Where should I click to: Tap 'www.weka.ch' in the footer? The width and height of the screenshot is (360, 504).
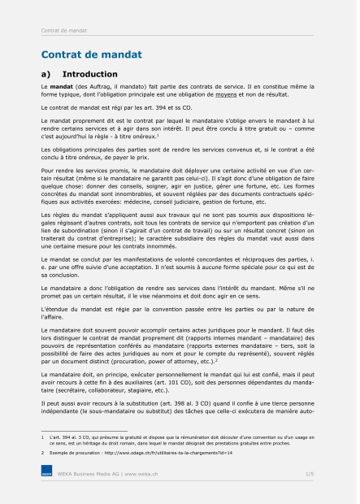coord(140,472)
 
